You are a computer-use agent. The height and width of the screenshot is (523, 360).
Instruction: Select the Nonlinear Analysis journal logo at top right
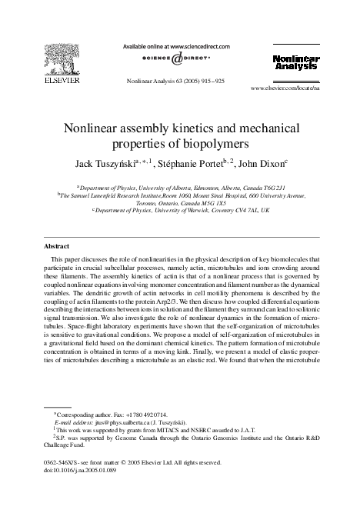click(295, 63)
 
